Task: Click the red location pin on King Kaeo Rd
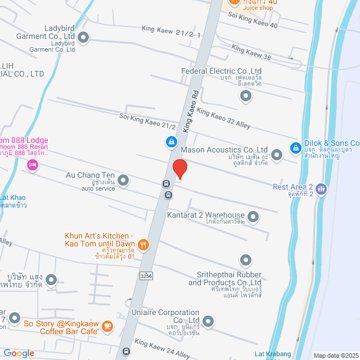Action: point(179,169)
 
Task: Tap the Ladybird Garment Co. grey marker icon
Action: point(84,38)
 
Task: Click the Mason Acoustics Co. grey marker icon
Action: point(276,155)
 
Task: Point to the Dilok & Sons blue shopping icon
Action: point(295,148)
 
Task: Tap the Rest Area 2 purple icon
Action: point(321,188)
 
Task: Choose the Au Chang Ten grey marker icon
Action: point(123,181)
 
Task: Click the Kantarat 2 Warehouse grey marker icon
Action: point(253,216)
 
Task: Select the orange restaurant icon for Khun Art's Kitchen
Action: point(143,244)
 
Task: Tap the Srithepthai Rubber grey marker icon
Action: point(245,260)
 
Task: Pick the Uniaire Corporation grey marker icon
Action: point(208,322)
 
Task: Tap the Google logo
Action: point(19,353)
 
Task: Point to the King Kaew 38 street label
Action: point(251,53)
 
